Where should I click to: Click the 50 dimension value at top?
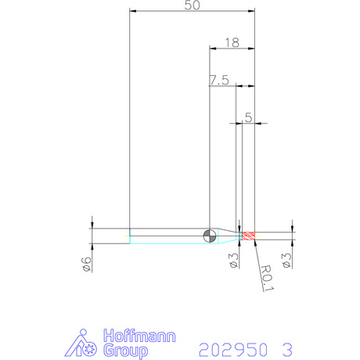point(193,5)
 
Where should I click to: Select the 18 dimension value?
point(232,43)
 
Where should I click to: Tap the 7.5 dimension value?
point(219,80)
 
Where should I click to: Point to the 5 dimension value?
point(249,117)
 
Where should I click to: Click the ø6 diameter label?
point(87,265)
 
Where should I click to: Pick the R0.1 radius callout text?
point(267,278)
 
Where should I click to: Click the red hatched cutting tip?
point(248,236)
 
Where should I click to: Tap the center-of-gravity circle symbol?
point(210,236)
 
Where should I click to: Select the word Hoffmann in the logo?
point(139,336)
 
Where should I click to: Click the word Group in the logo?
point(126,351)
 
